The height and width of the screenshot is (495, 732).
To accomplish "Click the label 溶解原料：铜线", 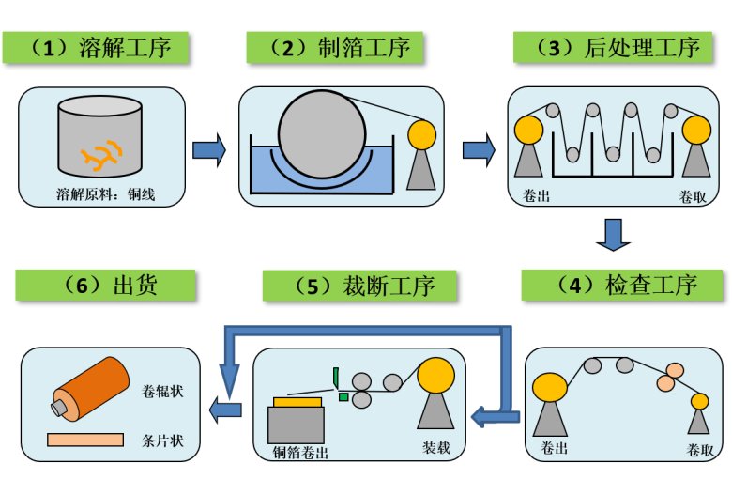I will pyautogui.click(x=100, y=196).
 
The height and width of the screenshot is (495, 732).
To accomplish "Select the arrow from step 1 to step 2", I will pyautogui.click(x=209, y=148).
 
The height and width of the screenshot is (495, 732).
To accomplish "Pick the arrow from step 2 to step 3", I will pyautogui.click(x=479, y=148).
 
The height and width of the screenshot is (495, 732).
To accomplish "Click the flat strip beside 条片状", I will pyautogui.click(x=85, y=440).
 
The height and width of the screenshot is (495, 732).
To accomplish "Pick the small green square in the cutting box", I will pyautogui.click(x=343, y=397).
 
